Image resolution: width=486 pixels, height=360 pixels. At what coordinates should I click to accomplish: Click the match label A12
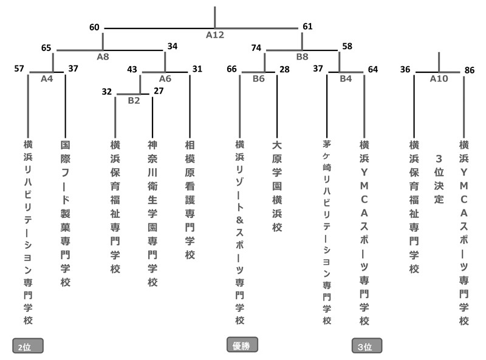click(x=214, y=35)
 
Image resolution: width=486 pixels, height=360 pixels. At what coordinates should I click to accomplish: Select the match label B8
click(x=302, y=56)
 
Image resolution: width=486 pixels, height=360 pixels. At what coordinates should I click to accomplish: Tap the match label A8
click(x=103, y=56)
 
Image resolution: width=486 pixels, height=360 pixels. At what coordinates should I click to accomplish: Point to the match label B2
click(x=134, y=100)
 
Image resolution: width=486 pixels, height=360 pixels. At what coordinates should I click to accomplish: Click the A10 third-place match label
click(x=439, y=78)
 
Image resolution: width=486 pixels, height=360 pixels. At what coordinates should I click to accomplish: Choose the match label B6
click(x=259, y=78)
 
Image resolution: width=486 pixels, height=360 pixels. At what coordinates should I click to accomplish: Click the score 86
click(x=469, y=70)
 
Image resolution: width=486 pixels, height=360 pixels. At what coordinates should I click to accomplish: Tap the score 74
click(x=256, y=47)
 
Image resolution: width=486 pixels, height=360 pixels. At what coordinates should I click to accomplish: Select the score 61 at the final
click(x=307, y=27)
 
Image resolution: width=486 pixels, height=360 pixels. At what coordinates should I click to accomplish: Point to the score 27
click(x=159, y=91)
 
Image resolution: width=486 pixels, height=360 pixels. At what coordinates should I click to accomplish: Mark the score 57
click(x=19, y=69)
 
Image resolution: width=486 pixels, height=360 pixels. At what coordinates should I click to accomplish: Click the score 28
click(x=284, y=69)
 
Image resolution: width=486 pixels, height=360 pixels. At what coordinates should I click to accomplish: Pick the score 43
click(x=132, y=69)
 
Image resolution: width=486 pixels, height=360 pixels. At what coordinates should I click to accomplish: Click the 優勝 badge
click(x=242, y=345)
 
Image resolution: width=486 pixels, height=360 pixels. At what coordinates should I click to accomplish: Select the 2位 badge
click(x=28, y=347)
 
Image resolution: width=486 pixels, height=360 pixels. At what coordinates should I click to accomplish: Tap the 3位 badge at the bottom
click(x=367, y=347)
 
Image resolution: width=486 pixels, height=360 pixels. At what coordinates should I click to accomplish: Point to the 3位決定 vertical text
click(x=439, y=179)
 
